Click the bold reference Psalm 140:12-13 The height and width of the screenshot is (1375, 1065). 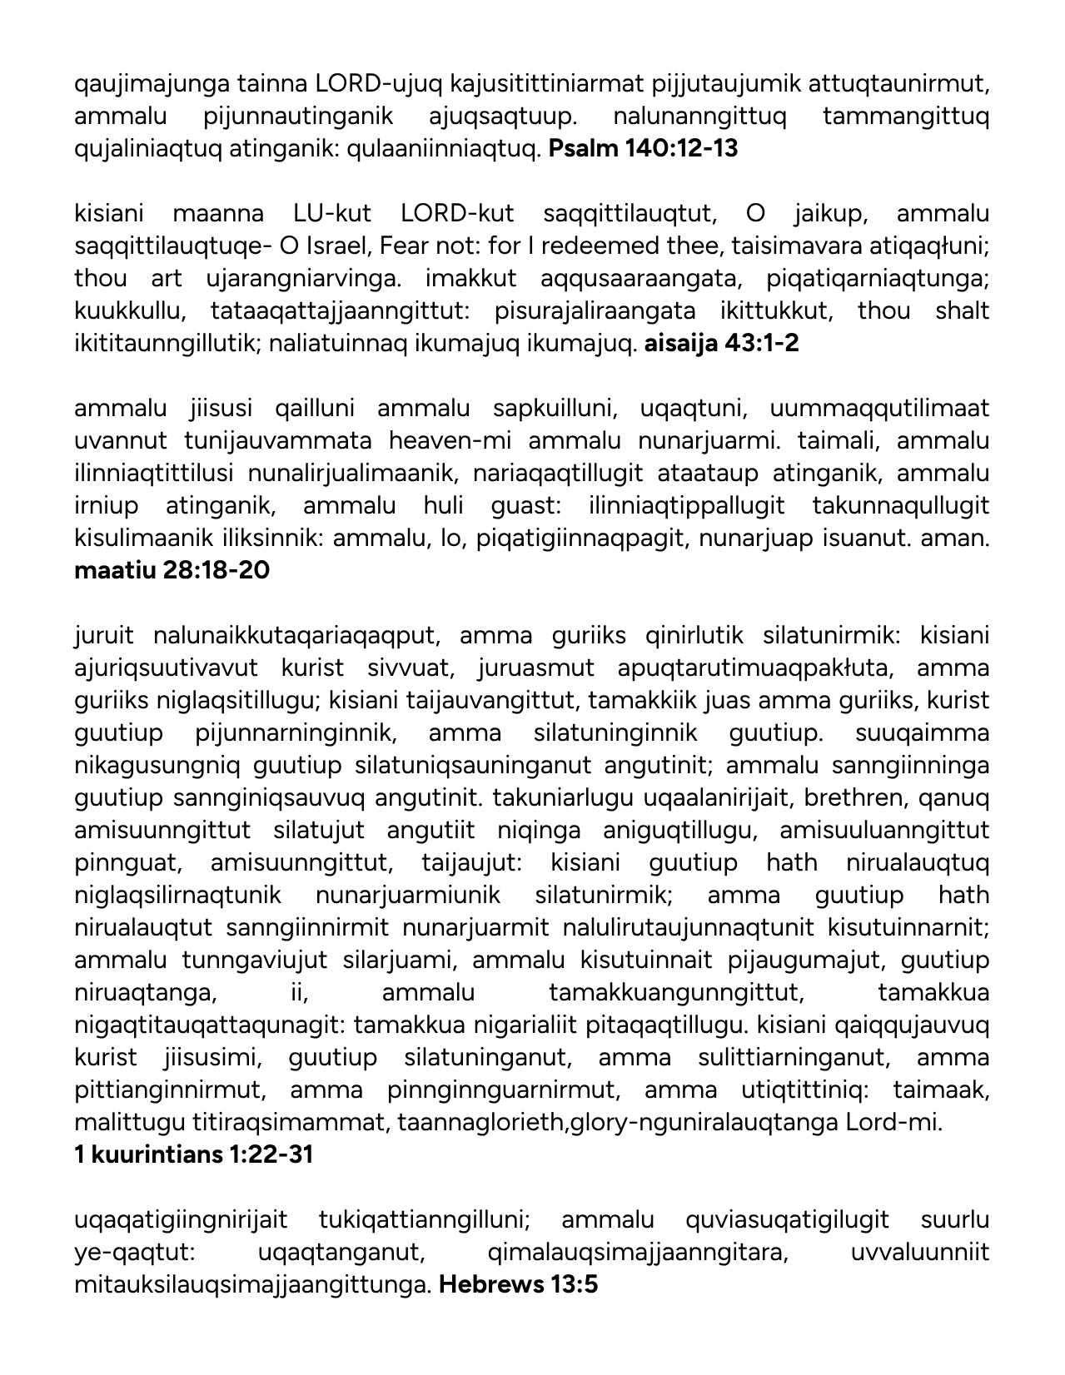pos(643,149)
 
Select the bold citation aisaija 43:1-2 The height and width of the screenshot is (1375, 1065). pos(721,343)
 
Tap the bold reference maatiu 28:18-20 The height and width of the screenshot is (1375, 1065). pos(172,570)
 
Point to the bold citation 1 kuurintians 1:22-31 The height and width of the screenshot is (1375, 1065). pos(193,1154)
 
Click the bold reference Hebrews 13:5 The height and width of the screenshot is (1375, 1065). pos(518,1284)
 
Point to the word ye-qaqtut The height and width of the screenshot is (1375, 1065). pos(133,1252)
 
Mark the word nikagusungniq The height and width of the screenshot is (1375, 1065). pos(157,765)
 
